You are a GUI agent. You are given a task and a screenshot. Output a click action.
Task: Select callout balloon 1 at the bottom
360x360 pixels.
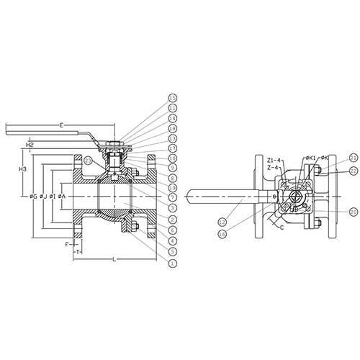pos(172,264)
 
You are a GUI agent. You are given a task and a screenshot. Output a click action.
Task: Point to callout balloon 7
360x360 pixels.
pos(172,197)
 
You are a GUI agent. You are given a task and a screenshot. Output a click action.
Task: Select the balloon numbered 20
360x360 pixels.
pos(353,212)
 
